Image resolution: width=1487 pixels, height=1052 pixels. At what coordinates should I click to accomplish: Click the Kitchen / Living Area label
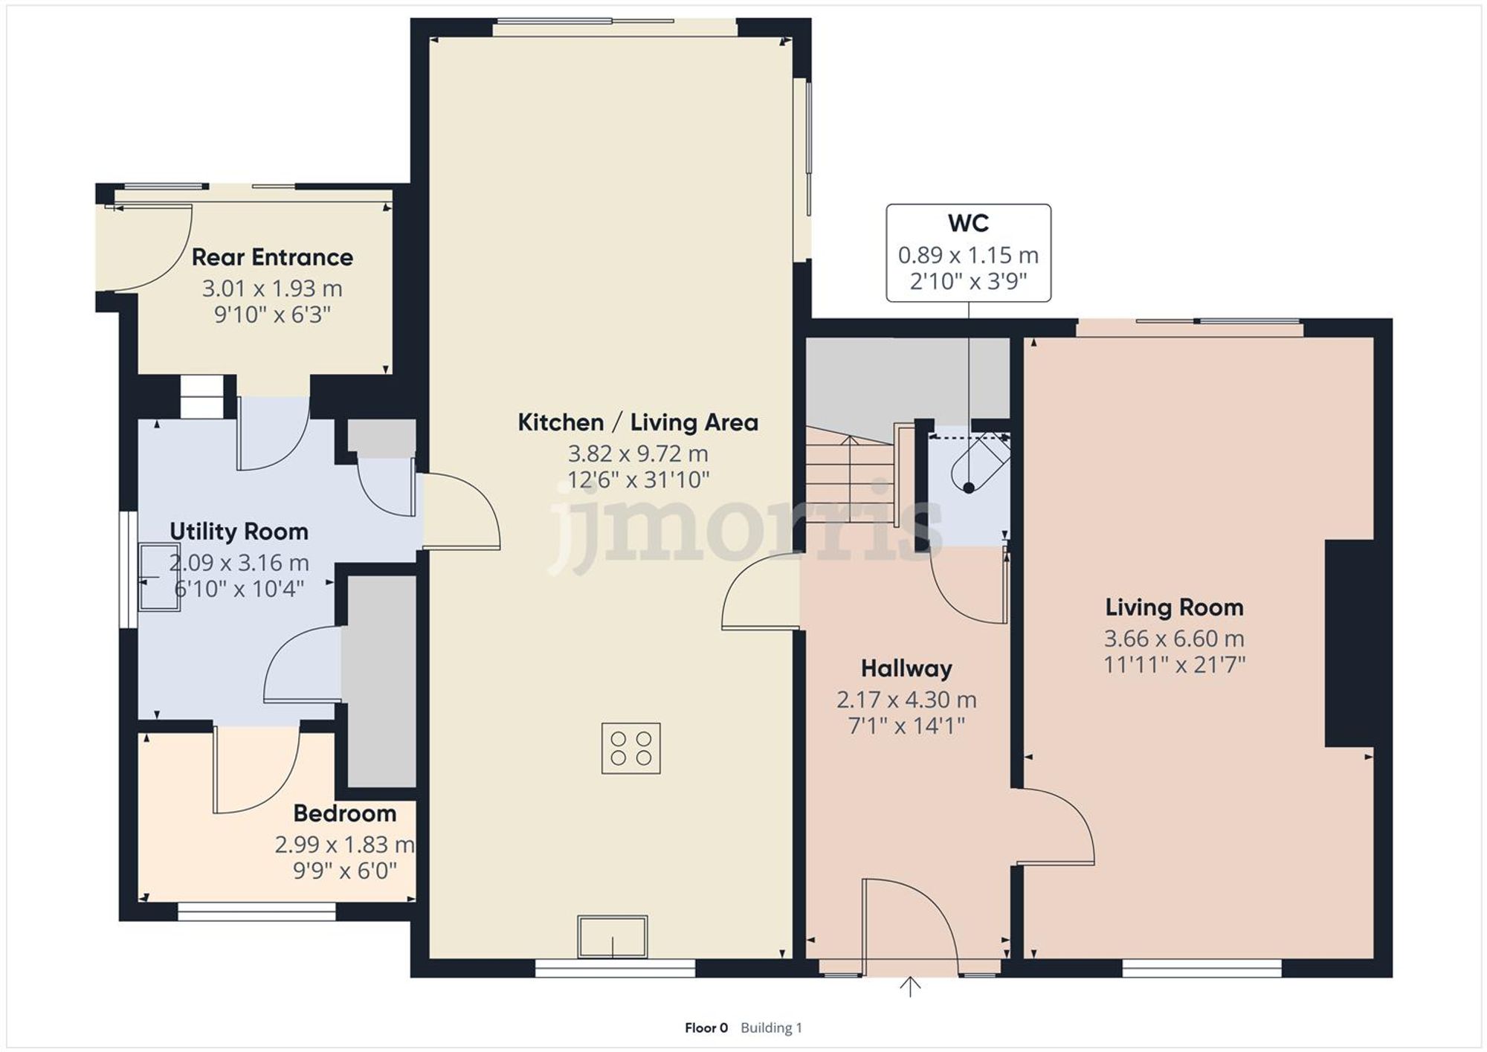point(638,422)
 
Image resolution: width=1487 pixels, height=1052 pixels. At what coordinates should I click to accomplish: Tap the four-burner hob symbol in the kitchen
point(630,749)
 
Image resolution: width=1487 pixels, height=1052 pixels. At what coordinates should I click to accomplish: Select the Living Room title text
point(1174,607)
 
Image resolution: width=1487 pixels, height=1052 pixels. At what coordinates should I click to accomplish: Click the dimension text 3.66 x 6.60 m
point(1174,639)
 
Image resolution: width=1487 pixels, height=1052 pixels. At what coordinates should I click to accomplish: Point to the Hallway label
point(906,668)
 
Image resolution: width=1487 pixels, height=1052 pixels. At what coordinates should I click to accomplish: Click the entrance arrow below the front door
point(910,987)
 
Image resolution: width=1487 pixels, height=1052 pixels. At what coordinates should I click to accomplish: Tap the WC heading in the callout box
point(968,223)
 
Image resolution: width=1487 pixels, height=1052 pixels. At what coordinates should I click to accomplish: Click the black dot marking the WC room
point(969,488)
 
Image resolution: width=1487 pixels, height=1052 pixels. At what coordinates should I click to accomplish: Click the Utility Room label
point(239,532)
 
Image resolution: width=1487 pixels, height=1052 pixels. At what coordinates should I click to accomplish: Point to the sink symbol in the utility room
point(159,577)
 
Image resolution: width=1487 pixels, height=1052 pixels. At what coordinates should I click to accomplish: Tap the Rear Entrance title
point(272,257)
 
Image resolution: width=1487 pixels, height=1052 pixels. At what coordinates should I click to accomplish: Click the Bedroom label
point(344,813)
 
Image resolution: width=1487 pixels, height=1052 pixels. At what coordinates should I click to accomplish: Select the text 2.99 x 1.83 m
point(344,845)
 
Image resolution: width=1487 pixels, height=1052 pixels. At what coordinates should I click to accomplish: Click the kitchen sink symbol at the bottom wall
point(613,937)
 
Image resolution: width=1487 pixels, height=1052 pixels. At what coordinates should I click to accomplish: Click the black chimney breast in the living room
point(1349,643)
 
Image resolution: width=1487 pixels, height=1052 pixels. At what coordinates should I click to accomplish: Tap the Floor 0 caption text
point(706,1027)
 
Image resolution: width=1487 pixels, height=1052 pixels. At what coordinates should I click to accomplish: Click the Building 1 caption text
point(771,1027)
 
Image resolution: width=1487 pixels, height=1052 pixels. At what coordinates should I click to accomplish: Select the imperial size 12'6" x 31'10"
point(638,480)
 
